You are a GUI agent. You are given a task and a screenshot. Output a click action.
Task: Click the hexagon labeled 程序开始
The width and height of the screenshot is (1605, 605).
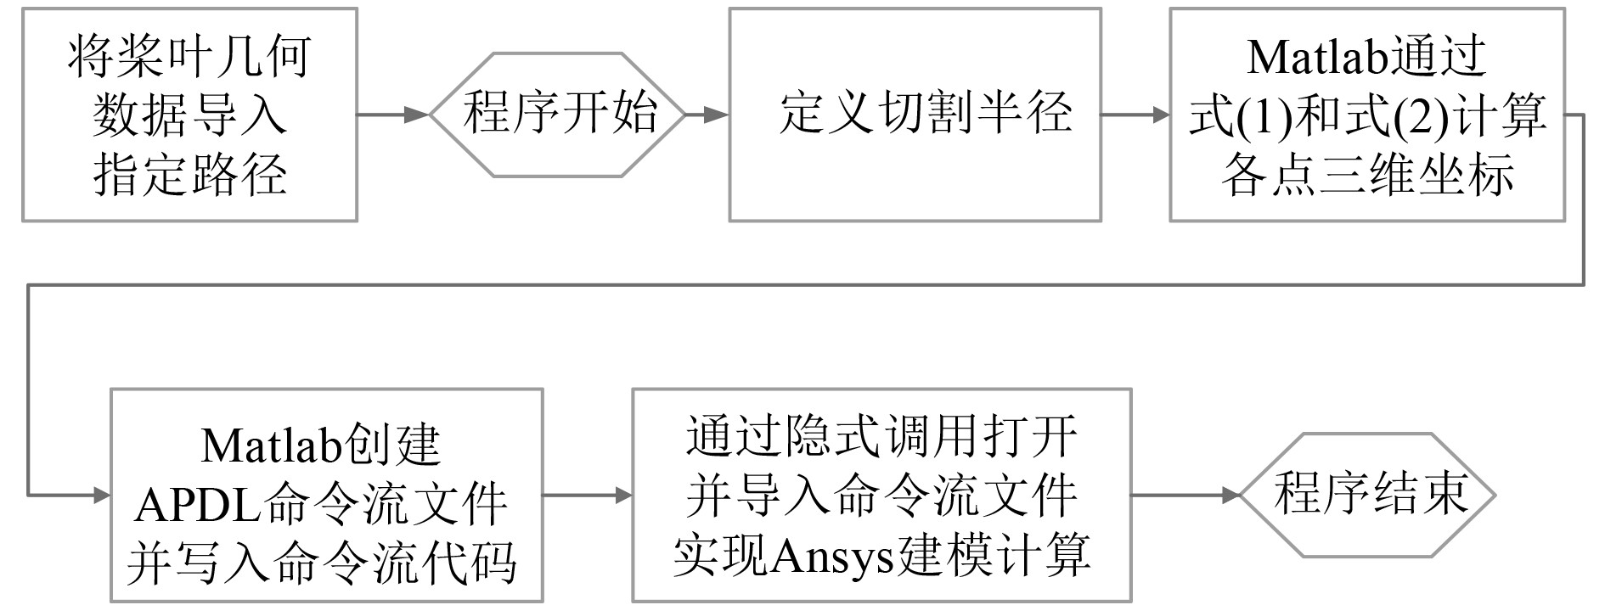point(557,115)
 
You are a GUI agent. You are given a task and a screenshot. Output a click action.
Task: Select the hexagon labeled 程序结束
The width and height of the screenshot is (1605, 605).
point(1368,496)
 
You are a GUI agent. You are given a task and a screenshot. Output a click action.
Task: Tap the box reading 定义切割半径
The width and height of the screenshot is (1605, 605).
point(915,115)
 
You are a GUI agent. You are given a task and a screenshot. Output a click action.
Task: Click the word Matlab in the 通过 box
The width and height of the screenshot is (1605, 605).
point(1317,57)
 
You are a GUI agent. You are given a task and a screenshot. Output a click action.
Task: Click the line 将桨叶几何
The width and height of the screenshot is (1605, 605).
point(189,57)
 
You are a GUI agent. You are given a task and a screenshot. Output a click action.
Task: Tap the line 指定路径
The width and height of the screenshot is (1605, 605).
point(189,175)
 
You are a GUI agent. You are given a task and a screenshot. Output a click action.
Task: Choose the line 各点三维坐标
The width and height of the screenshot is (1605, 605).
point(1367,175)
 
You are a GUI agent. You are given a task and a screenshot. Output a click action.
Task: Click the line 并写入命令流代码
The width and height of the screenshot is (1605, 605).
point(322,563)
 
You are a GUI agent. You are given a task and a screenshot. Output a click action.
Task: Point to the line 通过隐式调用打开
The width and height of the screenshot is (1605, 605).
point(881,436)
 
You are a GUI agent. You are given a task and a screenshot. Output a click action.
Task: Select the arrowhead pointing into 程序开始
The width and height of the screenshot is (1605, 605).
point(418,115)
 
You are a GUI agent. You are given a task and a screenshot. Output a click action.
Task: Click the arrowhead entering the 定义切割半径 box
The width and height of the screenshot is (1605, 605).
point(718,115)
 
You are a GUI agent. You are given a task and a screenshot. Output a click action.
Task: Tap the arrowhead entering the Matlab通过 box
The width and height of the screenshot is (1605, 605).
point(1159,115)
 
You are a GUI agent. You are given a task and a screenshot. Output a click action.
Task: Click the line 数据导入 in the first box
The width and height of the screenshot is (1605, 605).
point(189,116)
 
